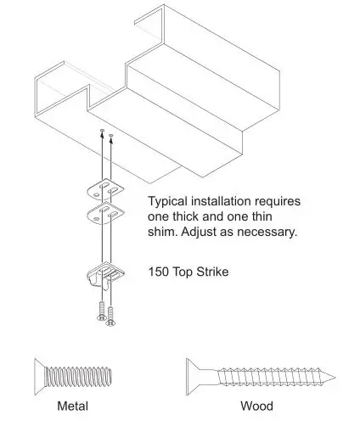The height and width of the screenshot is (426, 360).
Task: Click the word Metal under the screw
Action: tap(72, 406)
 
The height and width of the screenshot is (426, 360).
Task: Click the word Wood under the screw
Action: tap(256, 406)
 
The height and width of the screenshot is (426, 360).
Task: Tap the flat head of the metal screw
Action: tap(36, 373)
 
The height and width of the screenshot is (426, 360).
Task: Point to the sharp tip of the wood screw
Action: tap(331, 374)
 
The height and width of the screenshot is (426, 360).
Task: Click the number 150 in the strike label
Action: tap(159, 272)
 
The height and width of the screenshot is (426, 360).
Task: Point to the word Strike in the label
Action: tap(212, 272)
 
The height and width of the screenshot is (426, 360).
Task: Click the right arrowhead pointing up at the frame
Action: tap(112, 135)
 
